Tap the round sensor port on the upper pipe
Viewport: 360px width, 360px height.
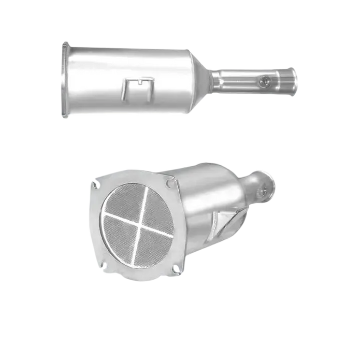pyautogui.click(x=265, y=81)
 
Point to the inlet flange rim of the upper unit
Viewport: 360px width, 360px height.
pyautogui.click(x=64, y=80)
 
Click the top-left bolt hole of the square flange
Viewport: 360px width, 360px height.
pyautogui.click(x=96, y=183)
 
